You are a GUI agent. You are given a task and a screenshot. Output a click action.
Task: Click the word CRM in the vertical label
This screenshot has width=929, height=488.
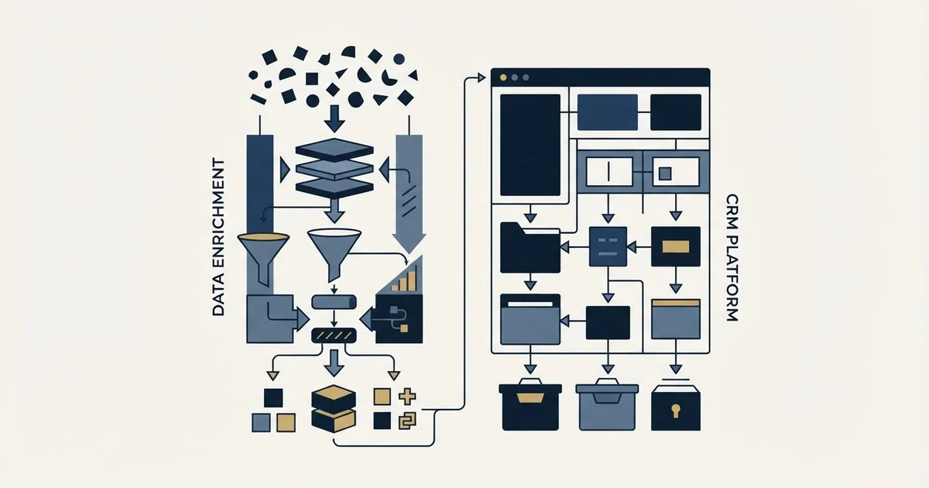(x=732, y=209)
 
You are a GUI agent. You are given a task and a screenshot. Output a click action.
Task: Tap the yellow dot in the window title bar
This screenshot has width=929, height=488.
(x=503, y=77)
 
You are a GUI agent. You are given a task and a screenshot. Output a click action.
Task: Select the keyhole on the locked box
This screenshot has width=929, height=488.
(x=676, y=411)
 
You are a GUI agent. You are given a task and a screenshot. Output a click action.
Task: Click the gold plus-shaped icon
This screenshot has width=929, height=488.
(x=407, y=397)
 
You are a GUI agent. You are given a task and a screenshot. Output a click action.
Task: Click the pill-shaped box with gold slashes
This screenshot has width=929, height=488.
(x=334, y=335)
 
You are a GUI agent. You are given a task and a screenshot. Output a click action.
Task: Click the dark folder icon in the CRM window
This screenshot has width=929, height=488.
(x=530, y=248)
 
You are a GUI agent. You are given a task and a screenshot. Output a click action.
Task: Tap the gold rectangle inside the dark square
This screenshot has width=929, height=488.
(x=676, y=247)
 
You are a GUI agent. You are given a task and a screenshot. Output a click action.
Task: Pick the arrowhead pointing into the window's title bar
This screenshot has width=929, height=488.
(x=482, y=77)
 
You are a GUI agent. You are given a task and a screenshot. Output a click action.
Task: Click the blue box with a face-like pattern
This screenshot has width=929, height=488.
(x=608, y=246)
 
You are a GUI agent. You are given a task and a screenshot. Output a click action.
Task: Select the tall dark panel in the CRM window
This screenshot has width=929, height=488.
(x=530, y=145)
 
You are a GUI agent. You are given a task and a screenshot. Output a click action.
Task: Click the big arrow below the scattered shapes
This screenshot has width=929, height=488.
(x=334, y=119)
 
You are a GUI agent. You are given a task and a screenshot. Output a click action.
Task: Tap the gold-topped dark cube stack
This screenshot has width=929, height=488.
(x=334, y=409)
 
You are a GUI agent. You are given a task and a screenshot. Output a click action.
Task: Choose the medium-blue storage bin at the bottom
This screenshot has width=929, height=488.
(x=607, y=404)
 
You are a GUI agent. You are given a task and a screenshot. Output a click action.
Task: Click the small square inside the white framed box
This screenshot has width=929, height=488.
(x=665, y=173)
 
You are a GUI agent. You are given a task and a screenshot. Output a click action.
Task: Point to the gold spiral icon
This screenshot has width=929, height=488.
(x=407, y=421)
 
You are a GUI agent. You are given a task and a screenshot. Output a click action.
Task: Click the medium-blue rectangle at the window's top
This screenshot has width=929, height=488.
(x=608, y=112)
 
